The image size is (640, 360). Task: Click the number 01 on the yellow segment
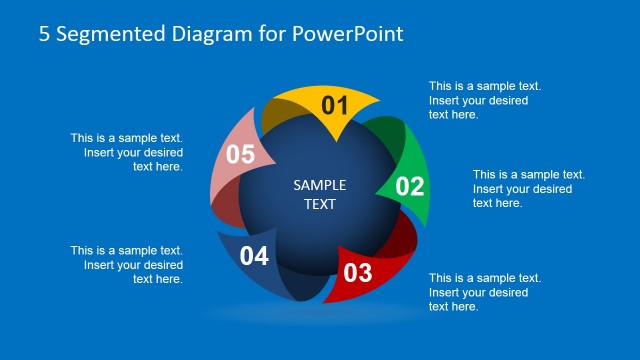[x=334, y=106]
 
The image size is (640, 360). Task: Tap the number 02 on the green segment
[x=410, y=186]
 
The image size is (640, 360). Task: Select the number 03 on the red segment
[x=358, y=272]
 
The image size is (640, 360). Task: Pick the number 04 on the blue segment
[x=254, y=257]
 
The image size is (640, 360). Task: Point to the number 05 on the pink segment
[x=241, y=154]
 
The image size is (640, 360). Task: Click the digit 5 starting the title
[x=44, y=33]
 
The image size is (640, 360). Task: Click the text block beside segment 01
[x=485, y=100]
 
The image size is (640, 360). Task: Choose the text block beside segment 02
[x=528, y=188]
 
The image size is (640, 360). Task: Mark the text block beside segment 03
[x=485, y=292]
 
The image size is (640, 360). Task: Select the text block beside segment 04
[x=127, y=265]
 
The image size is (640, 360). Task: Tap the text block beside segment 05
[x=127, y=152]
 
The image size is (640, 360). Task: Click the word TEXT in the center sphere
[x=320, y=204]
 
